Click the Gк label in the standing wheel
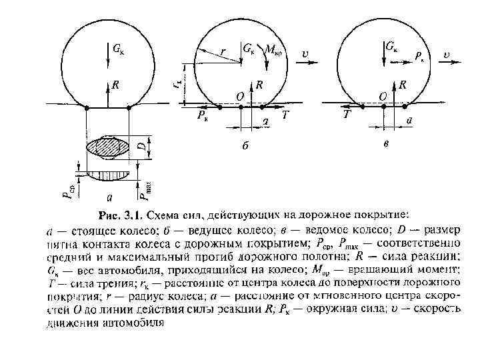coord(118,49)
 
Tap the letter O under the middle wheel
coord(239,97)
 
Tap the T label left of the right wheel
coord(347,115)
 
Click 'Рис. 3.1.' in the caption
coord(120,217)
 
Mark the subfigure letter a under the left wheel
coord(110,197)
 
